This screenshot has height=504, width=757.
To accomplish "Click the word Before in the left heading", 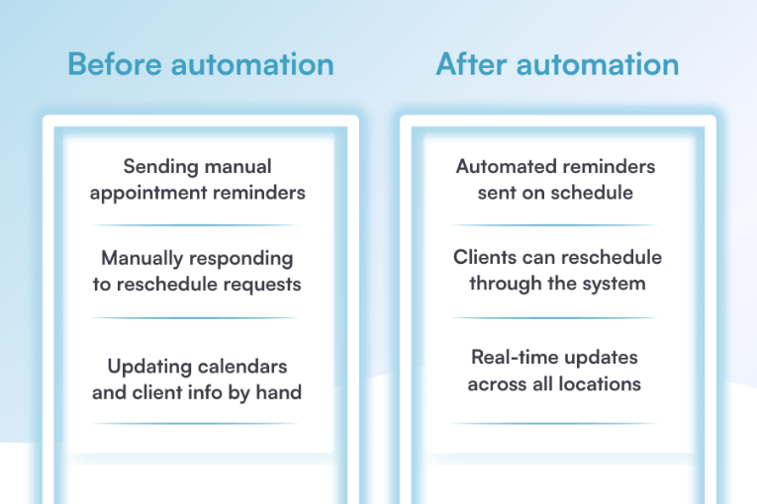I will tap(115, 65).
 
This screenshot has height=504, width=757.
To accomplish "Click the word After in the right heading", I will tap(472, 65).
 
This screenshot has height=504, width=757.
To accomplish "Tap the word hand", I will tap(279, 392).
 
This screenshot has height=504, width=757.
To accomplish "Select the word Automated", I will tap(503, 166).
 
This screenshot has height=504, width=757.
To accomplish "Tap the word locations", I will tap(599, 382).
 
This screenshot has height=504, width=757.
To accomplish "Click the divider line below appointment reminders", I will tap(197, 225).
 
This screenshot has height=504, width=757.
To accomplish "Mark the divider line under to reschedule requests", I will tap(197, 318).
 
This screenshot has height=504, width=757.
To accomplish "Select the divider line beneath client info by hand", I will tap(197, 423).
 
